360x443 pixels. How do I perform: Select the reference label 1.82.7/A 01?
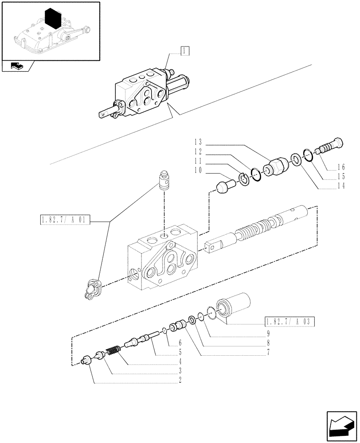tap(65, 219)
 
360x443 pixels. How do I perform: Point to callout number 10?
tap(198, 170)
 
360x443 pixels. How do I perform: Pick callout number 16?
tap(340, 167)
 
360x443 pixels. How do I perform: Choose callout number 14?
tap(340, 187)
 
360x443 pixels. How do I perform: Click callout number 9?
tap(269, 333)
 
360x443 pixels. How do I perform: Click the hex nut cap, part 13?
tap(275, 169)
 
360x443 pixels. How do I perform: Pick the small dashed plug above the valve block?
tap(165, 181)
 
